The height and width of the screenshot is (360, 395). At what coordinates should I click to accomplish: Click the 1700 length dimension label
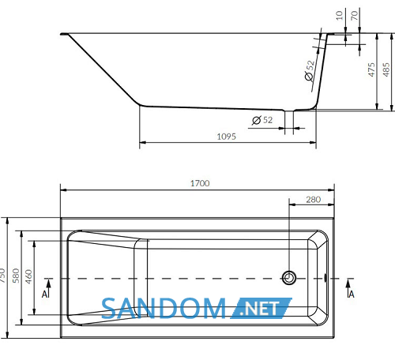[200, 183]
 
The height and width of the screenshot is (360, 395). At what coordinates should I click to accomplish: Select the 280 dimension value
[313, 200]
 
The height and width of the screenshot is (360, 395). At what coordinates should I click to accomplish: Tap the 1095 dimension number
[227, 137]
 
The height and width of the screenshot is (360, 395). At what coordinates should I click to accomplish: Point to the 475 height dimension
[371, 69]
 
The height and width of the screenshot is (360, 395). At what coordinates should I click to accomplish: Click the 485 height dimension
[386, 69]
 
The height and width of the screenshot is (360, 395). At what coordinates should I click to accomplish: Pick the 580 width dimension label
[16, 276]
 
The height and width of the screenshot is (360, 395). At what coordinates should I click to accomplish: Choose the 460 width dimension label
[28, 276]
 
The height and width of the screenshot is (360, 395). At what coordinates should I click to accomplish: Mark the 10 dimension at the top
[339, 15]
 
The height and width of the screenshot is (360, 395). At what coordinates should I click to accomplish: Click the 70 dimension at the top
[354, 15]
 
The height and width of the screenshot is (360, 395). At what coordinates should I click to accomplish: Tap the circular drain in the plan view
[289, 278]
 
